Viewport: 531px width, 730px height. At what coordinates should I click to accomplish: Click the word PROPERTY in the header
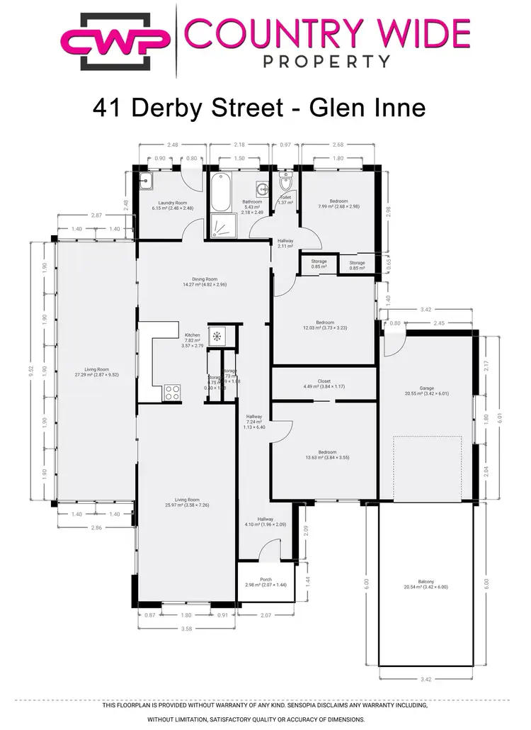click(326, 61)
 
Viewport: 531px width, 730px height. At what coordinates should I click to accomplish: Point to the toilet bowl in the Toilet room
click(287, 185)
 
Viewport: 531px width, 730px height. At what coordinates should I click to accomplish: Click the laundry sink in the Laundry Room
click(147, 181)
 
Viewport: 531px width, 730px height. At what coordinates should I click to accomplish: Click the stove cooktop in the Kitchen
click(172, 391)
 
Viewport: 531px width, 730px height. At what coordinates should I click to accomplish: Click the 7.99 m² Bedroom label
click(339, 203)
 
